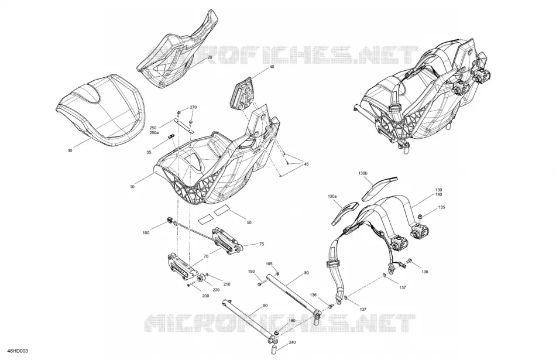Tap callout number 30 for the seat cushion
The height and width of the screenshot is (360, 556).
pyautogui.click(x=70, y=151)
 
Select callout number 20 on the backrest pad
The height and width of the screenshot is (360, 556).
pyautogui.click(x=210, y=57)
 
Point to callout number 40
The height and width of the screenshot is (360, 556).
pyautogui.click(x=272, y=67)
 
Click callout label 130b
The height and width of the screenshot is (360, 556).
pyautogui.click(x=363, y=173)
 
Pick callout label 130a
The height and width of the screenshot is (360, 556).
pyautogui.click(x=332, y=196)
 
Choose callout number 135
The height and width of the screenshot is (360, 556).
pyautogui.click(x=441, y=207)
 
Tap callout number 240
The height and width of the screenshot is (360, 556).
pyautogui.click(x=292, y=342)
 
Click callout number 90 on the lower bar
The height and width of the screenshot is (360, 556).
pyautogui.click(x=265, y=306)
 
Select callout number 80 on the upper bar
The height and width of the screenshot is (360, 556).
pyautogui.click(x=306, y=273)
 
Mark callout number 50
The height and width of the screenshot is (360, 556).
pyautogui.click(x=249, y=222)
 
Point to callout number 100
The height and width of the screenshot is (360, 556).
pyautogui.click(x=146, y=232)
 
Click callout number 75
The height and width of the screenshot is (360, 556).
pyautogui.click(x=262, y=244)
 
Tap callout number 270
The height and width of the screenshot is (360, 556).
pyautogui.click(x=193, y=107)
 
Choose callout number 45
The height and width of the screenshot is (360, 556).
pyautogui.click(x=306, y=164)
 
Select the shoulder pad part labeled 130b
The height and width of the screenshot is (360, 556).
pyautogui.click(x=379, y=188)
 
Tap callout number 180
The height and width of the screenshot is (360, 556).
pyautogui.click(x=292, y=321)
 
